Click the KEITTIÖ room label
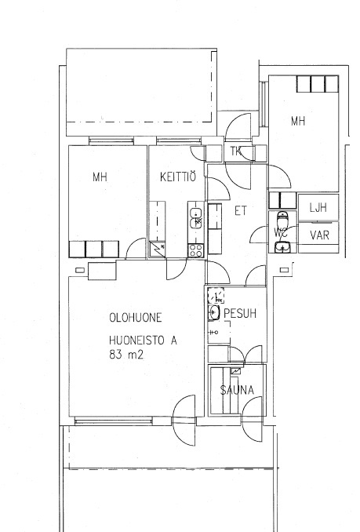[x=177, y=177]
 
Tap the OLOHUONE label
[x=136, y=318]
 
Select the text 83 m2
[x=126, y=355]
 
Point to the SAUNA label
[x=237, y=390]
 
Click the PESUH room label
[x=240, y=314]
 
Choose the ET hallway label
[x=241, y=211]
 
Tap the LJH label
[x=318, y=208]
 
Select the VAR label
[x=320, y=235]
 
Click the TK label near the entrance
[x=236, y=151]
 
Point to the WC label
[x=281, y=233]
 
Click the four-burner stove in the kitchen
[x=196, y=250]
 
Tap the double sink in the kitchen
[x=196, y=218]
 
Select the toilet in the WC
[x=282, y=219]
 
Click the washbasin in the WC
[x=282, y=248]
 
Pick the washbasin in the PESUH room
[x=213, y=312]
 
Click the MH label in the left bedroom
[x=100, y=177]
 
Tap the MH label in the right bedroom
[x=298, y=121]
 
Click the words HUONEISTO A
[x=143, y=340]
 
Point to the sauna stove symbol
[x=236, y=371]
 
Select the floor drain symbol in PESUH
[x=216, y=296]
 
